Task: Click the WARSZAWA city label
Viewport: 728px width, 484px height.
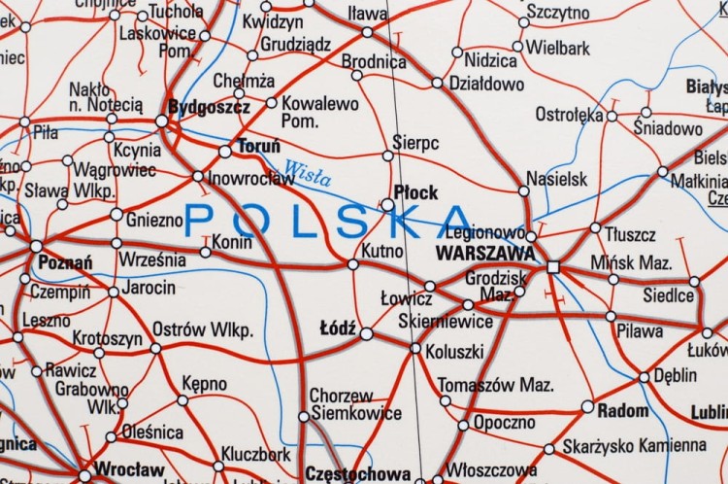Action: (485, 253)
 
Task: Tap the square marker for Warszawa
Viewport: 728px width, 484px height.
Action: (553, 265)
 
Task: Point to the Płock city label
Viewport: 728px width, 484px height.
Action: (415, 192)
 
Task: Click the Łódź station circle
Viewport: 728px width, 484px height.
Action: (366, 333)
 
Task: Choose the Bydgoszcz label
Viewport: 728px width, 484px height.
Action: (209, 107)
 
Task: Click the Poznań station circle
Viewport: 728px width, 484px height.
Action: (37, 246)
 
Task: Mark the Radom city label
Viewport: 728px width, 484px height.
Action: (623, 410)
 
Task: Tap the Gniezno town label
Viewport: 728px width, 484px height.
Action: (153, 221)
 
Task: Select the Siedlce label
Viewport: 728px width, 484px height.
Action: (669, 294)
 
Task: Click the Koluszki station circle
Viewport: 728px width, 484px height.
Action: (415, 348)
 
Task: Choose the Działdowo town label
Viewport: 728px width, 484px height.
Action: (485, 85)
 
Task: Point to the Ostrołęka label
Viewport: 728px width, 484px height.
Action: (569, 114)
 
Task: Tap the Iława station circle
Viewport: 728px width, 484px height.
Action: (367, 32)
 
